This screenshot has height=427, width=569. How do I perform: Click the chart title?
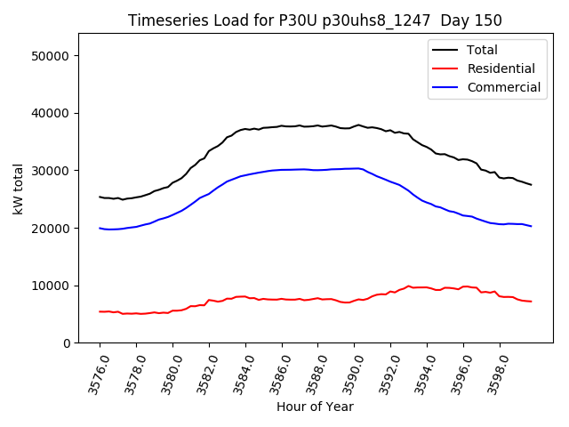point(315,20)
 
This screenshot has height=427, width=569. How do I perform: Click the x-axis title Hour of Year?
point(315,407)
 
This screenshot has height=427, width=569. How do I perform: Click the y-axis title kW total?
point(18,189)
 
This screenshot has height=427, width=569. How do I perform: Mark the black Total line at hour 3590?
point(355,126)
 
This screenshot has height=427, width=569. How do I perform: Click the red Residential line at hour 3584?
point(245,297)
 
